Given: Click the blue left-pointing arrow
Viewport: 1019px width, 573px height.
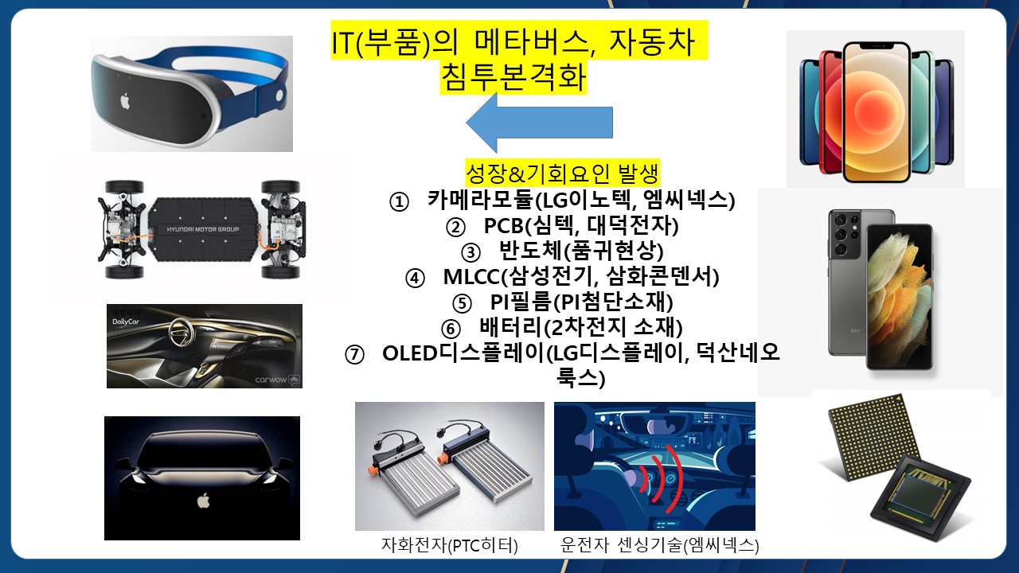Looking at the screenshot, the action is [x=539, y=123].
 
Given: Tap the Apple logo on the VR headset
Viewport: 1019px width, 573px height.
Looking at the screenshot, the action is [x=125, y=101].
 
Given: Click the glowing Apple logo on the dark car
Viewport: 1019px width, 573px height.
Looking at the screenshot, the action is [x=203, y=501].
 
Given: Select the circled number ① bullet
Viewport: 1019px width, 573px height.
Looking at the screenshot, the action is [x=399, y=202].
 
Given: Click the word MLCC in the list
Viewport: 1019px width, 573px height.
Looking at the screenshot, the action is [x=471, y=276].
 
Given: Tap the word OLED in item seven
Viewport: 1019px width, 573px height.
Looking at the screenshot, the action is [x=410, y=353].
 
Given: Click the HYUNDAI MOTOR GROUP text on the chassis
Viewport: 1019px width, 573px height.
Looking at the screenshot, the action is [x=202, y=229].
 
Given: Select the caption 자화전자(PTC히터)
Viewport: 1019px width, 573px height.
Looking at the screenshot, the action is [x=450, y=545].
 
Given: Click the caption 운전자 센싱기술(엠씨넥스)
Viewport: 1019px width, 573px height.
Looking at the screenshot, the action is [x=659, y=545].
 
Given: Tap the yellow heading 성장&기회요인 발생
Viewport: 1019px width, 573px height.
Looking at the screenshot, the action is [x=562, y=173].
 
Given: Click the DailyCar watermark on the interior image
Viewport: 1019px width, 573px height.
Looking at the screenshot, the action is [x=126, y=322].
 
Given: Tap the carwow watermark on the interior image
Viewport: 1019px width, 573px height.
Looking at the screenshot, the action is [x=271, y=380].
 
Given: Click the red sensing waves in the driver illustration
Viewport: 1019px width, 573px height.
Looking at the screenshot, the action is [x=661, y=475].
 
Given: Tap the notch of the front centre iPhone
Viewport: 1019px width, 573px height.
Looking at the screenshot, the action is [x=876, y=45].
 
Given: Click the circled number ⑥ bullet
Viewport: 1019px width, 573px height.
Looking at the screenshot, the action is [x=451, y=329].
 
